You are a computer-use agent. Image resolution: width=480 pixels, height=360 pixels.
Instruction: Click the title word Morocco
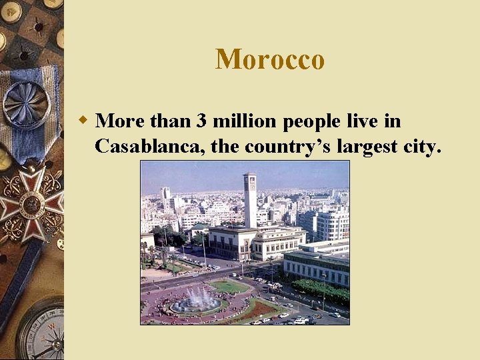[270, 59]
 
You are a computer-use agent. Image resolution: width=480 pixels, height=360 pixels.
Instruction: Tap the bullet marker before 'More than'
[82, 121]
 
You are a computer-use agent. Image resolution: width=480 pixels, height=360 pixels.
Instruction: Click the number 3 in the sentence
[201, 121]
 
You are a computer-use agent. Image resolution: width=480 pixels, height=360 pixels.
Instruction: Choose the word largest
[373, 146]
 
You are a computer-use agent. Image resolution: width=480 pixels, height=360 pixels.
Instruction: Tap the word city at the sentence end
[424, 146]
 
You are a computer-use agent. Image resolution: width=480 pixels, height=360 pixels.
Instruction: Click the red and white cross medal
[29, 204]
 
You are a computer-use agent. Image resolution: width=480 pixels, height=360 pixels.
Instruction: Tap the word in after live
[393, 121]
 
